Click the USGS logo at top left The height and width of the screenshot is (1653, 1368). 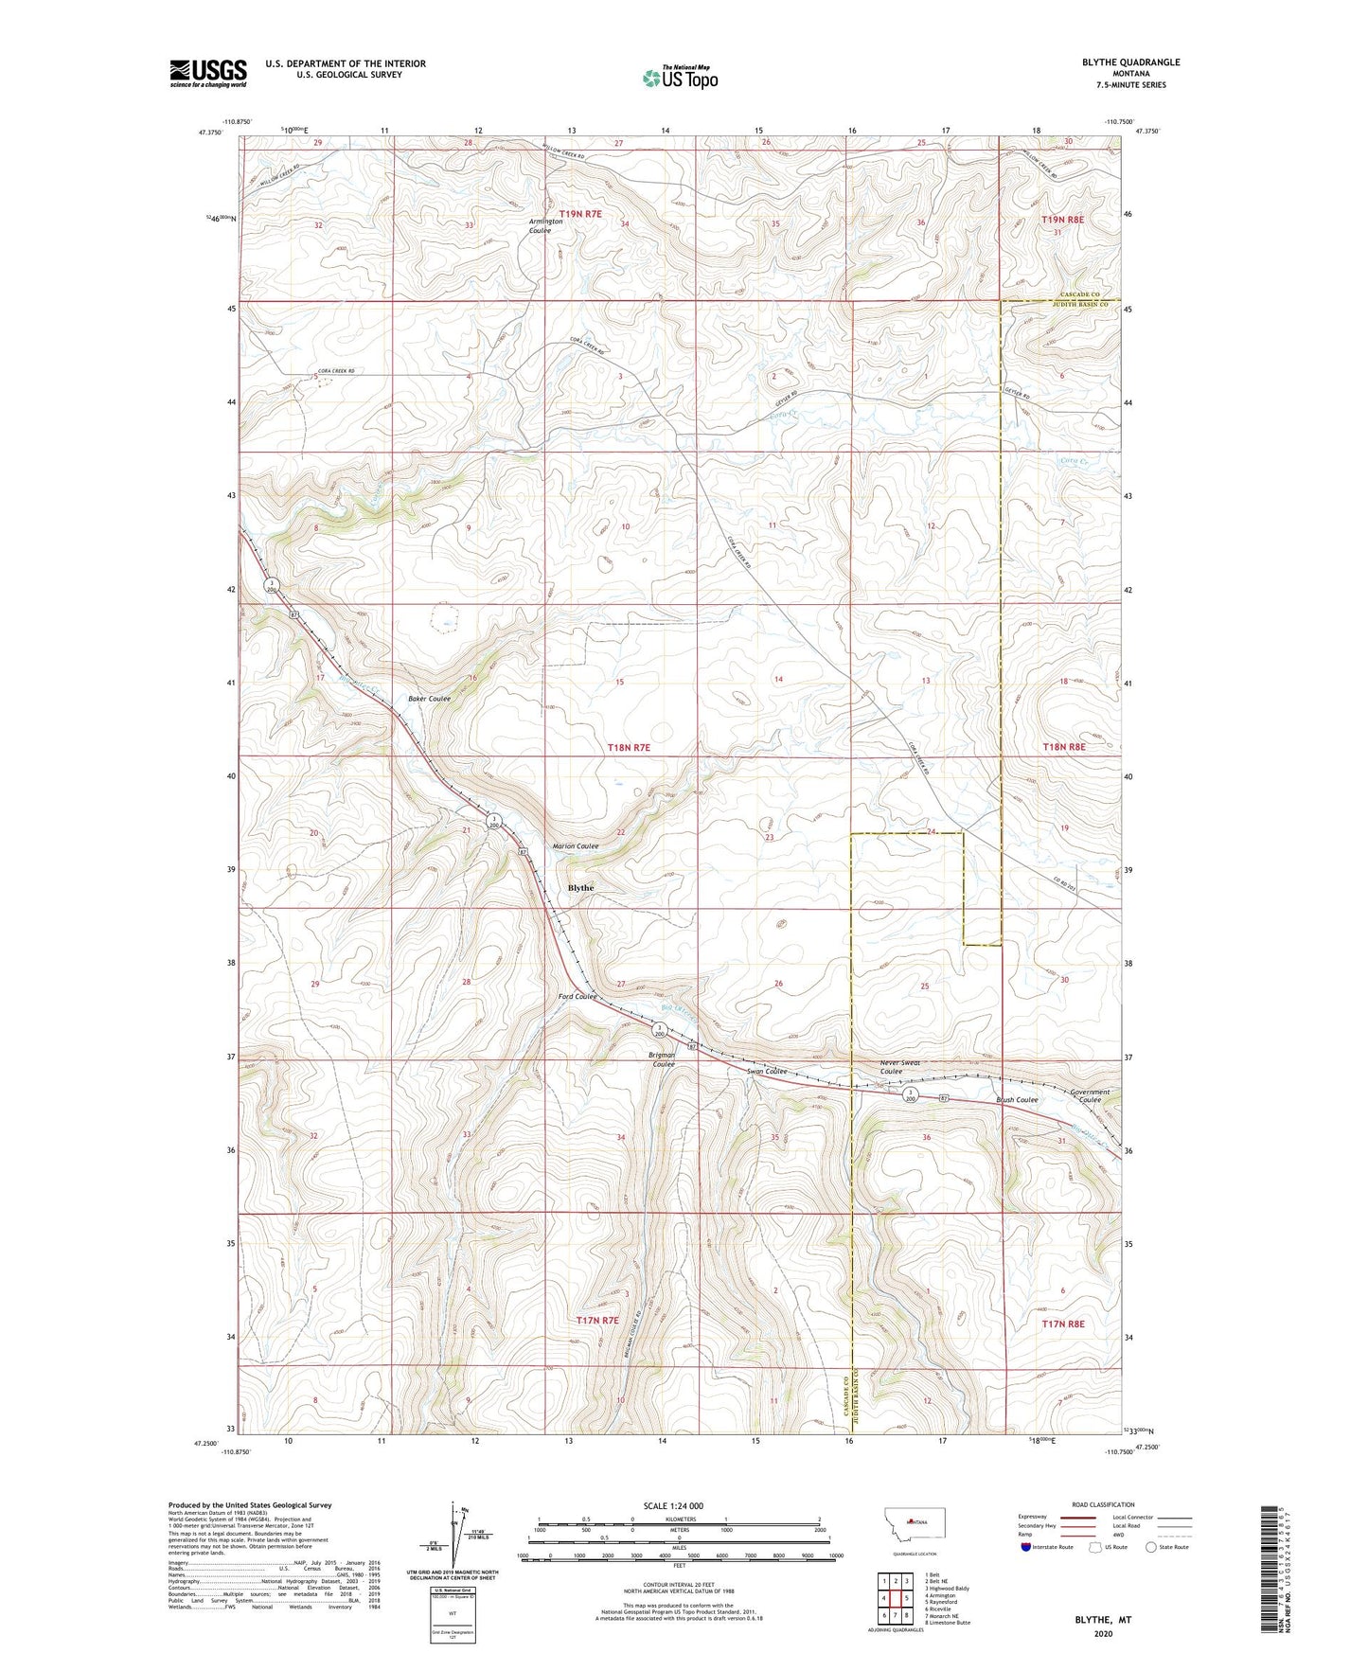208,73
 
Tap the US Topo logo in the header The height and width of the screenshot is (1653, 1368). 679,78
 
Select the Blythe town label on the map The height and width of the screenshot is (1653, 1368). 580,888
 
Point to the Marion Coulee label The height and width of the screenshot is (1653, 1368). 576,846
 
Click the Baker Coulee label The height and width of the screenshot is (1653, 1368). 429,699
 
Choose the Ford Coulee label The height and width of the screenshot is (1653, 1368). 577,997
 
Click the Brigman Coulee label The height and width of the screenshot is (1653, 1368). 662,1059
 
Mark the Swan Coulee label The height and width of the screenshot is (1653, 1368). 767,1072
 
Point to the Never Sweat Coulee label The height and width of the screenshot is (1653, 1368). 899,1067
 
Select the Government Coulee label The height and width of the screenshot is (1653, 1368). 1090,1095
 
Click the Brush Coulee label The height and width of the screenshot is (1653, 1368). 1017,1100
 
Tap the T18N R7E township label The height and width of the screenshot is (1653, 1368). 629,748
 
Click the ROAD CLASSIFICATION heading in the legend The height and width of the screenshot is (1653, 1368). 1102,1504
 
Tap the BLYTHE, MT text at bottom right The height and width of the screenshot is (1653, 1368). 1103,1620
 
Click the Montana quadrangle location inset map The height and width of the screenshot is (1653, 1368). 914,1523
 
